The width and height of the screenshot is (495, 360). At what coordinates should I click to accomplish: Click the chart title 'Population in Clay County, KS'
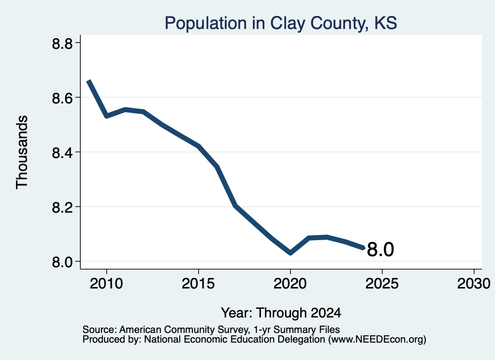pyautogui.click(x=281, y=23)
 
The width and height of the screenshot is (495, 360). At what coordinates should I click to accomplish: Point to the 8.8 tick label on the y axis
pyautogui.click(x=62, y=43)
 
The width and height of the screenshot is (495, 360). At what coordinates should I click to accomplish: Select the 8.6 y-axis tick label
pyautogui.click(x=62, y=98)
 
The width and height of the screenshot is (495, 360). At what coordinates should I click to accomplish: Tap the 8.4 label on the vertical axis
pyautogui.click(x=62, y=153)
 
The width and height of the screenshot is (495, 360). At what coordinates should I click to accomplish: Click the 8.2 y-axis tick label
pyautogui.click(x=62, y=207)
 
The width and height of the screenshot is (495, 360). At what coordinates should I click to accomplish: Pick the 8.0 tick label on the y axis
pyautogui.click(x=62, y=262)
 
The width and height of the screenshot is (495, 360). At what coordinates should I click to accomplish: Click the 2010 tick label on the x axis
pyautogui.click(x=106, y=283)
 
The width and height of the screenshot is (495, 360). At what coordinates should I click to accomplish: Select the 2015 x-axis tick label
pyautogui.click(x=198, y=283)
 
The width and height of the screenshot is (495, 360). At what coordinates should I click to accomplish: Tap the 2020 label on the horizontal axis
pyautogui.click(x=290, y=283)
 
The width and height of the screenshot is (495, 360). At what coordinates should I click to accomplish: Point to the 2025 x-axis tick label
pyautogui.click(x=382, y=283)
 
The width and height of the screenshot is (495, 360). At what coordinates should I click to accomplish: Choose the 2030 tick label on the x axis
pyautogui.click(x=474, y=283)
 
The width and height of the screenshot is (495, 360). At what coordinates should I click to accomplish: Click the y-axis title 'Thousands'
pyautogui.click(x=22, y=152)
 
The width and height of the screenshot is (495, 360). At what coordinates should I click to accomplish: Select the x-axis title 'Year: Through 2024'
pyautogui.click(x=281, y=313)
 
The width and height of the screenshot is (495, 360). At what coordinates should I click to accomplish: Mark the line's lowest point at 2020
pyautogui.click(x=290, y=253)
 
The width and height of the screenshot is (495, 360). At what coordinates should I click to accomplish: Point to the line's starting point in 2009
pyautogui.click(x=89, y=81)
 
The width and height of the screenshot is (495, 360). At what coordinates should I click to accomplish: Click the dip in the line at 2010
pyautogui.click(x=107, y=116)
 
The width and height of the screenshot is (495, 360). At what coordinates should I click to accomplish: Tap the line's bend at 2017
pyautogui.click(x=235, y=205)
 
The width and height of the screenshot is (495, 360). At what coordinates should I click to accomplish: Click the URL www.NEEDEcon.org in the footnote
pyautogui.click(x=377, y=340)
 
